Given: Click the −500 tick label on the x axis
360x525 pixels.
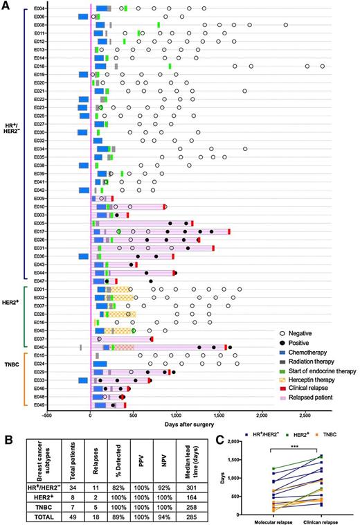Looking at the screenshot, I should tap(47, 416).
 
